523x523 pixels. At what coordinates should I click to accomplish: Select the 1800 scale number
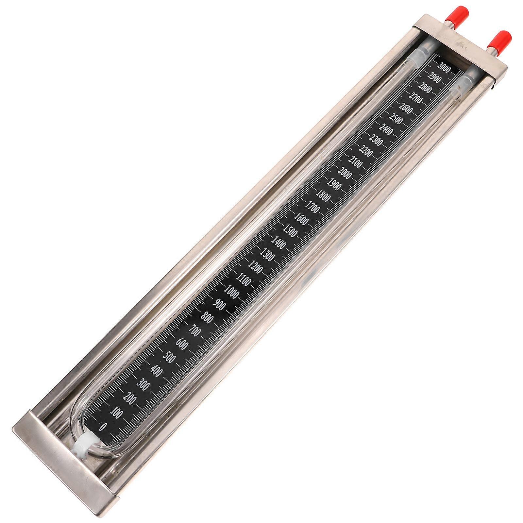(323, 195)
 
